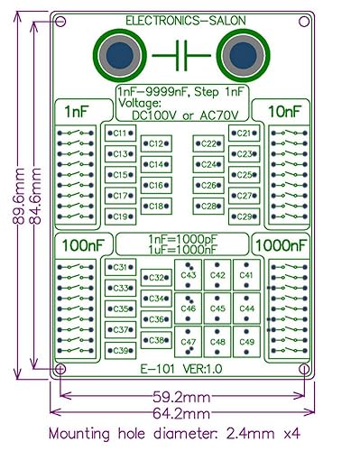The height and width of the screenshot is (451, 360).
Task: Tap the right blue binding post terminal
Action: point(243,56)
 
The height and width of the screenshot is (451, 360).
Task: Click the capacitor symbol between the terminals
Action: point(180,57)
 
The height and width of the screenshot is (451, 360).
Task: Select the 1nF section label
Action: point(77,110)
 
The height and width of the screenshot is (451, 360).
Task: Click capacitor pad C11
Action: point(119,133)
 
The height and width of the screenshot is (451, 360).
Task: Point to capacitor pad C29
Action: point(242,216)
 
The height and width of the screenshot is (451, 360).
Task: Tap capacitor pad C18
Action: point(155,207)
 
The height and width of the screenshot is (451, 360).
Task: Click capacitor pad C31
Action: point(119,268)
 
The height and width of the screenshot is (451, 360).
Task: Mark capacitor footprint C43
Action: point(189,276)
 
